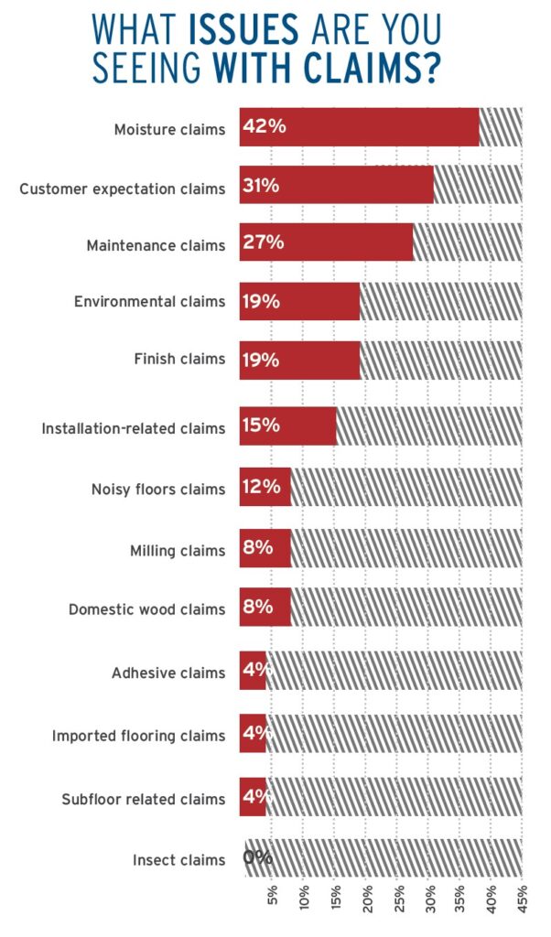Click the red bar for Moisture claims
[x=359, y=126]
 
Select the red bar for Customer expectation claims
[x=337, y=185]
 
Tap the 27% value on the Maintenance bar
[x=264, y=242]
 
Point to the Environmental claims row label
[x=150, y=301]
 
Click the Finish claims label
[x=180, y=359]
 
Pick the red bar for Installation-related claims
[x=288, y=426]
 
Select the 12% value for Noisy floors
[x=262, y=487]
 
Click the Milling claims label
[x=178, y=550]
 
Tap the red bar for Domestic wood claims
[x=265, y=607]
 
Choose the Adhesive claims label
[x=168, y=673]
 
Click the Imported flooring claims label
[x=138, y=736]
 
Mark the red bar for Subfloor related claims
[x=253, y=797]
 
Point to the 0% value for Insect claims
[x=257, y=857]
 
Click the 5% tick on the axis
[x=273, y=899]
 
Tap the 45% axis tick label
[x=522, y=899]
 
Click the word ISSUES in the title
[x=243, y=29]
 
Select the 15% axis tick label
[x=335, y=899]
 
